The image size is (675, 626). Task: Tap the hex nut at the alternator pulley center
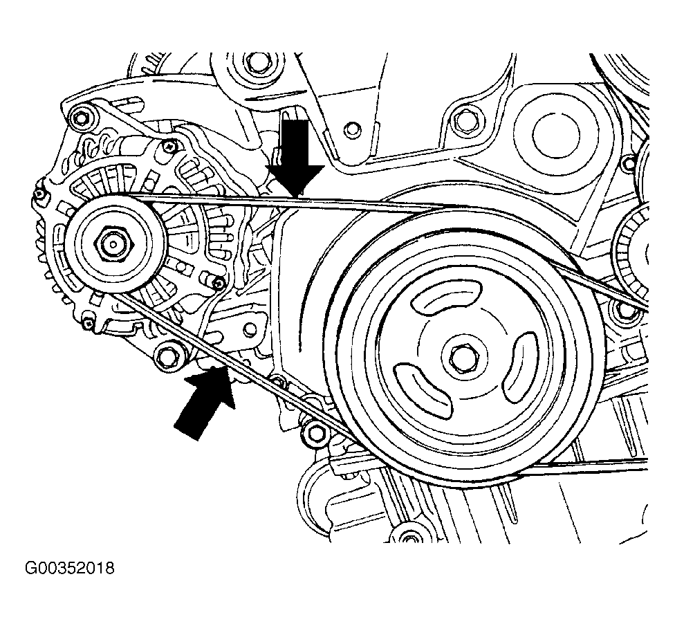click(111, 243)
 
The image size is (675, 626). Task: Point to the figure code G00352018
click(69, 569)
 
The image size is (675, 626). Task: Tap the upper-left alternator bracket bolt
click(83, 114)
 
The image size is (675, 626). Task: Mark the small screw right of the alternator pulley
click(219, 283)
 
